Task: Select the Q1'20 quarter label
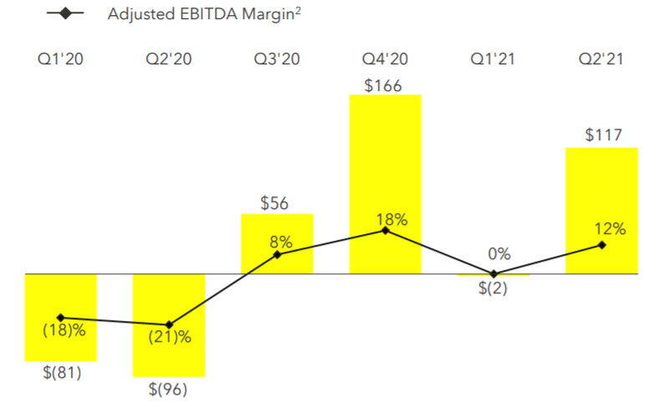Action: tap(60, 59)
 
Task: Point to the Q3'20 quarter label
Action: tap(277, 59)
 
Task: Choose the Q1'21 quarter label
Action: tap(493, 59)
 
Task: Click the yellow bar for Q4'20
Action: tap(385, 167)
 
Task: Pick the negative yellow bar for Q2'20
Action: tap(169, 351)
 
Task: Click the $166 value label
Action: tap(385, 84)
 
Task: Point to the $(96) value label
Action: tap(169, 389)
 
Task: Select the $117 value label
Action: tap(602, 135)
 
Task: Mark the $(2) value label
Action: tap(493, 289)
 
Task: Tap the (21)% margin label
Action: tap(170, 338)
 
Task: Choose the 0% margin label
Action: tap(499, 255)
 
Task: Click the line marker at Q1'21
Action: tap(493, 273)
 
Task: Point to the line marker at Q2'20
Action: tap(169, 324)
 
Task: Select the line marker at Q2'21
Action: tap(602, 245)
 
